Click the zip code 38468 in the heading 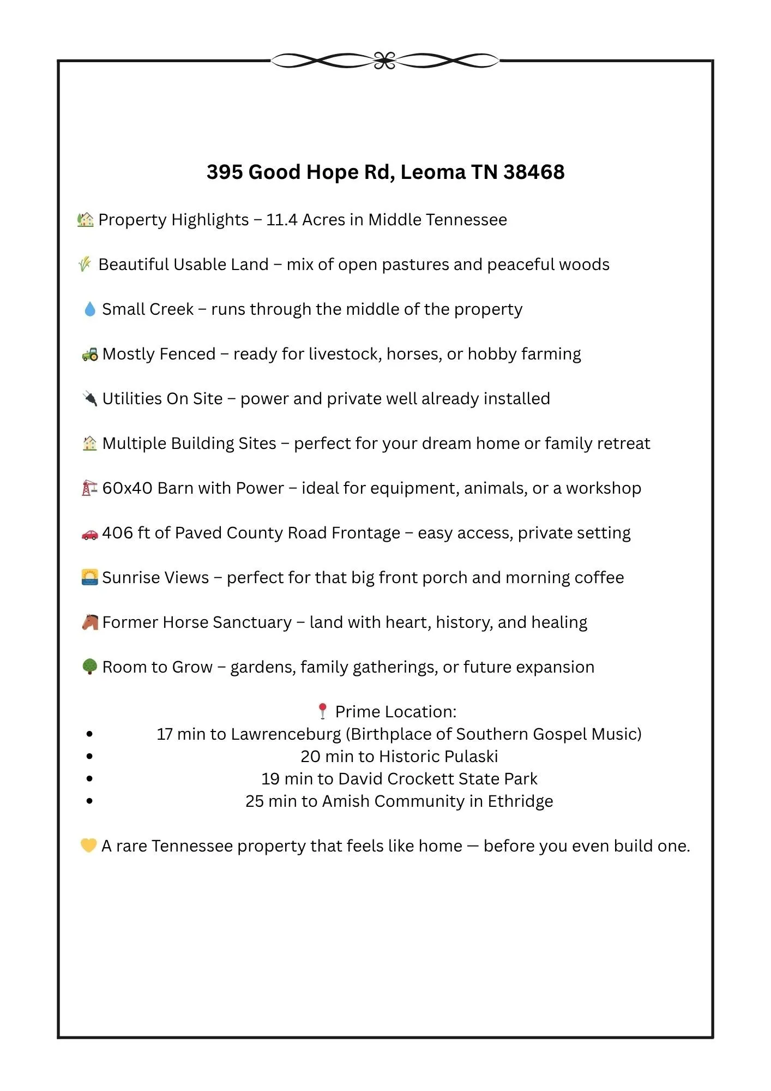(x=534, y=172)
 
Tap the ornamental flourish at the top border (x=385, y=61)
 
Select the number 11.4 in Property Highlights (x=281, y=220)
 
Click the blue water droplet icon (x=89, y=309)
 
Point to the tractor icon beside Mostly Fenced (x=90, y=354)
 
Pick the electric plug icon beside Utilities (x=89, y=399)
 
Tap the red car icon (x=89, y=533)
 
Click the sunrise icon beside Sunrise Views (x=89, y=577)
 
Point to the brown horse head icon (x=90, y=622)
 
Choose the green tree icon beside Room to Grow (x=89, y=667)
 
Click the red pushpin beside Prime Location (x=322, y=711)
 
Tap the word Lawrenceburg (x=286, y=734)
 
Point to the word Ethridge (x=520, y=801)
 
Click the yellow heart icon (x=88, y=846)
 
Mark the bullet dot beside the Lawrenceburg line (x=89, y=734)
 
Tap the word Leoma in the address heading (x=433, y=172)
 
